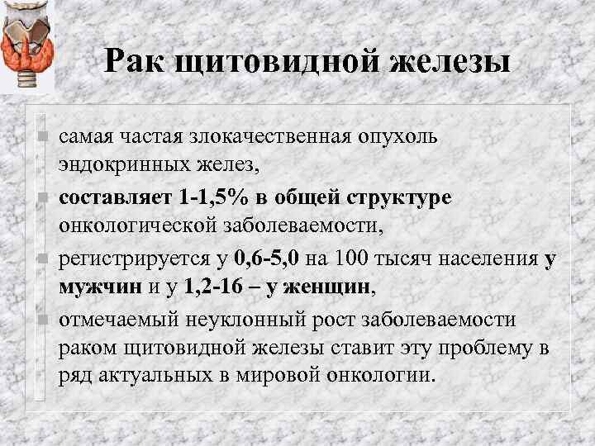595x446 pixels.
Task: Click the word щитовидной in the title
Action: click(x=271, y=63)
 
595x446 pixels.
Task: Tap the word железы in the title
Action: click(x=437, y=63)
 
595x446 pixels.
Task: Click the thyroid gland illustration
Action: click(x=27, y=45)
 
